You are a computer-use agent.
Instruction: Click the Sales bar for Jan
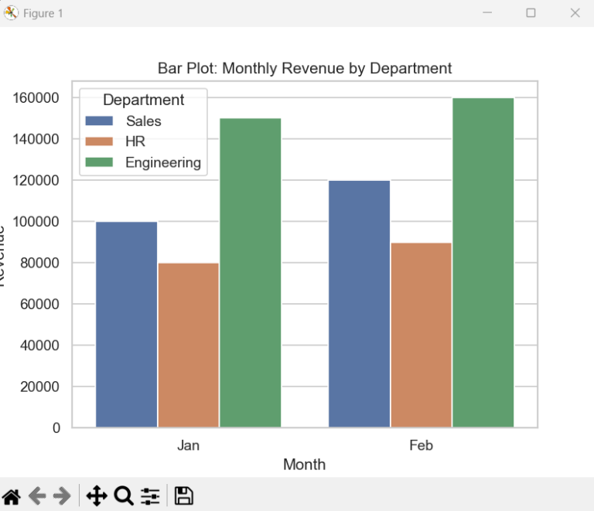click(x=126, y=324)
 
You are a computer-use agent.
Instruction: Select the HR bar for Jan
click(x=188, y=345)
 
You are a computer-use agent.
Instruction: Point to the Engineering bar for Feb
click(x=483, y=262)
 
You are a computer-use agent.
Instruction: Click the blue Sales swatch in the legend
click(x=100, y=121)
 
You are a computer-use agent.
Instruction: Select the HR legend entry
click(x=135, y=141)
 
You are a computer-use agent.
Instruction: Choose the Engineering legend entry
click(x=162, y=162)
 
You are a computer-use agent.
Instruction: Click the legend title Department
click(x=143, y=100)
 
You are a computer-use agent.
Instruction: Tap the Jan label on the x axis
click(x=188, y=445)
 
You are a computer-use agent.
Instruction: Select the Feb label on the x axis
click(x=421, y=445)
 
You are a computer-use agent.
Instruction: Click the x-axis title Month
click(x=304, y=465)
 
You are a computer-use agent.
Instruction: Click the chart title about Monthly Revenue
click(x=304, y=68)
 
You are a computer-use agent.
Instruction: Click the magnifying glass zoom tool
click(x=123, y=496)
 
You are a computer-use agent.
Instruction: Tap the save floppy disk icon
click(x=183, y=496)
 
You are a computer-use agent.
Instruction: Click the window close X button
click(x=574, y=13)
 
